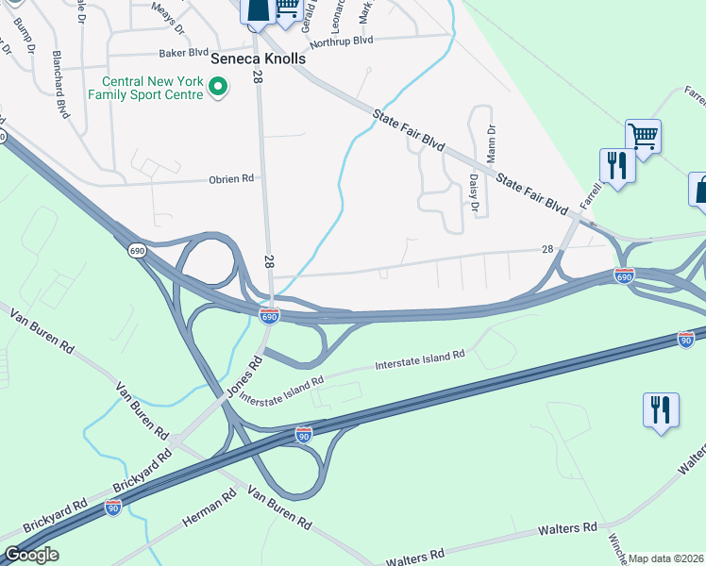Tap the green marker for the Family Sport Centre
[x=219, y=89]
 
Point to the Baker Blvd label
[x=183, y=54]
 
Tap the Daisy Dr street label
[x=474, y=192]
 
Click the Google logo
[x=31, y=555]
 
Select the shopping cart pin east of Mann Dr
[x=643, y=137]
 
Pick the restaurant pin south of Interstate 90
[x=661, y=410]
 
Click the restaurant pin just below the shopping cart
[x=617, y=166]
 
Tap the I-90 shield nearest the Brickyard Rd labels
[x=113, y=508]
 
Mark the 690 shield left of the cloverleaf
[x=137, y=250]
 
